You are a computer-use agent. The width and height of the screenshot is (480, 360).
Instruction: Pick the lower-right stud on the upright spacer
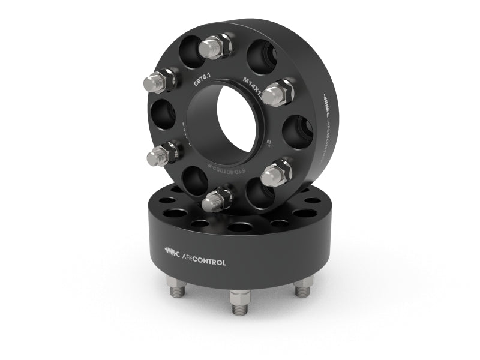tap(276, 173)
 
